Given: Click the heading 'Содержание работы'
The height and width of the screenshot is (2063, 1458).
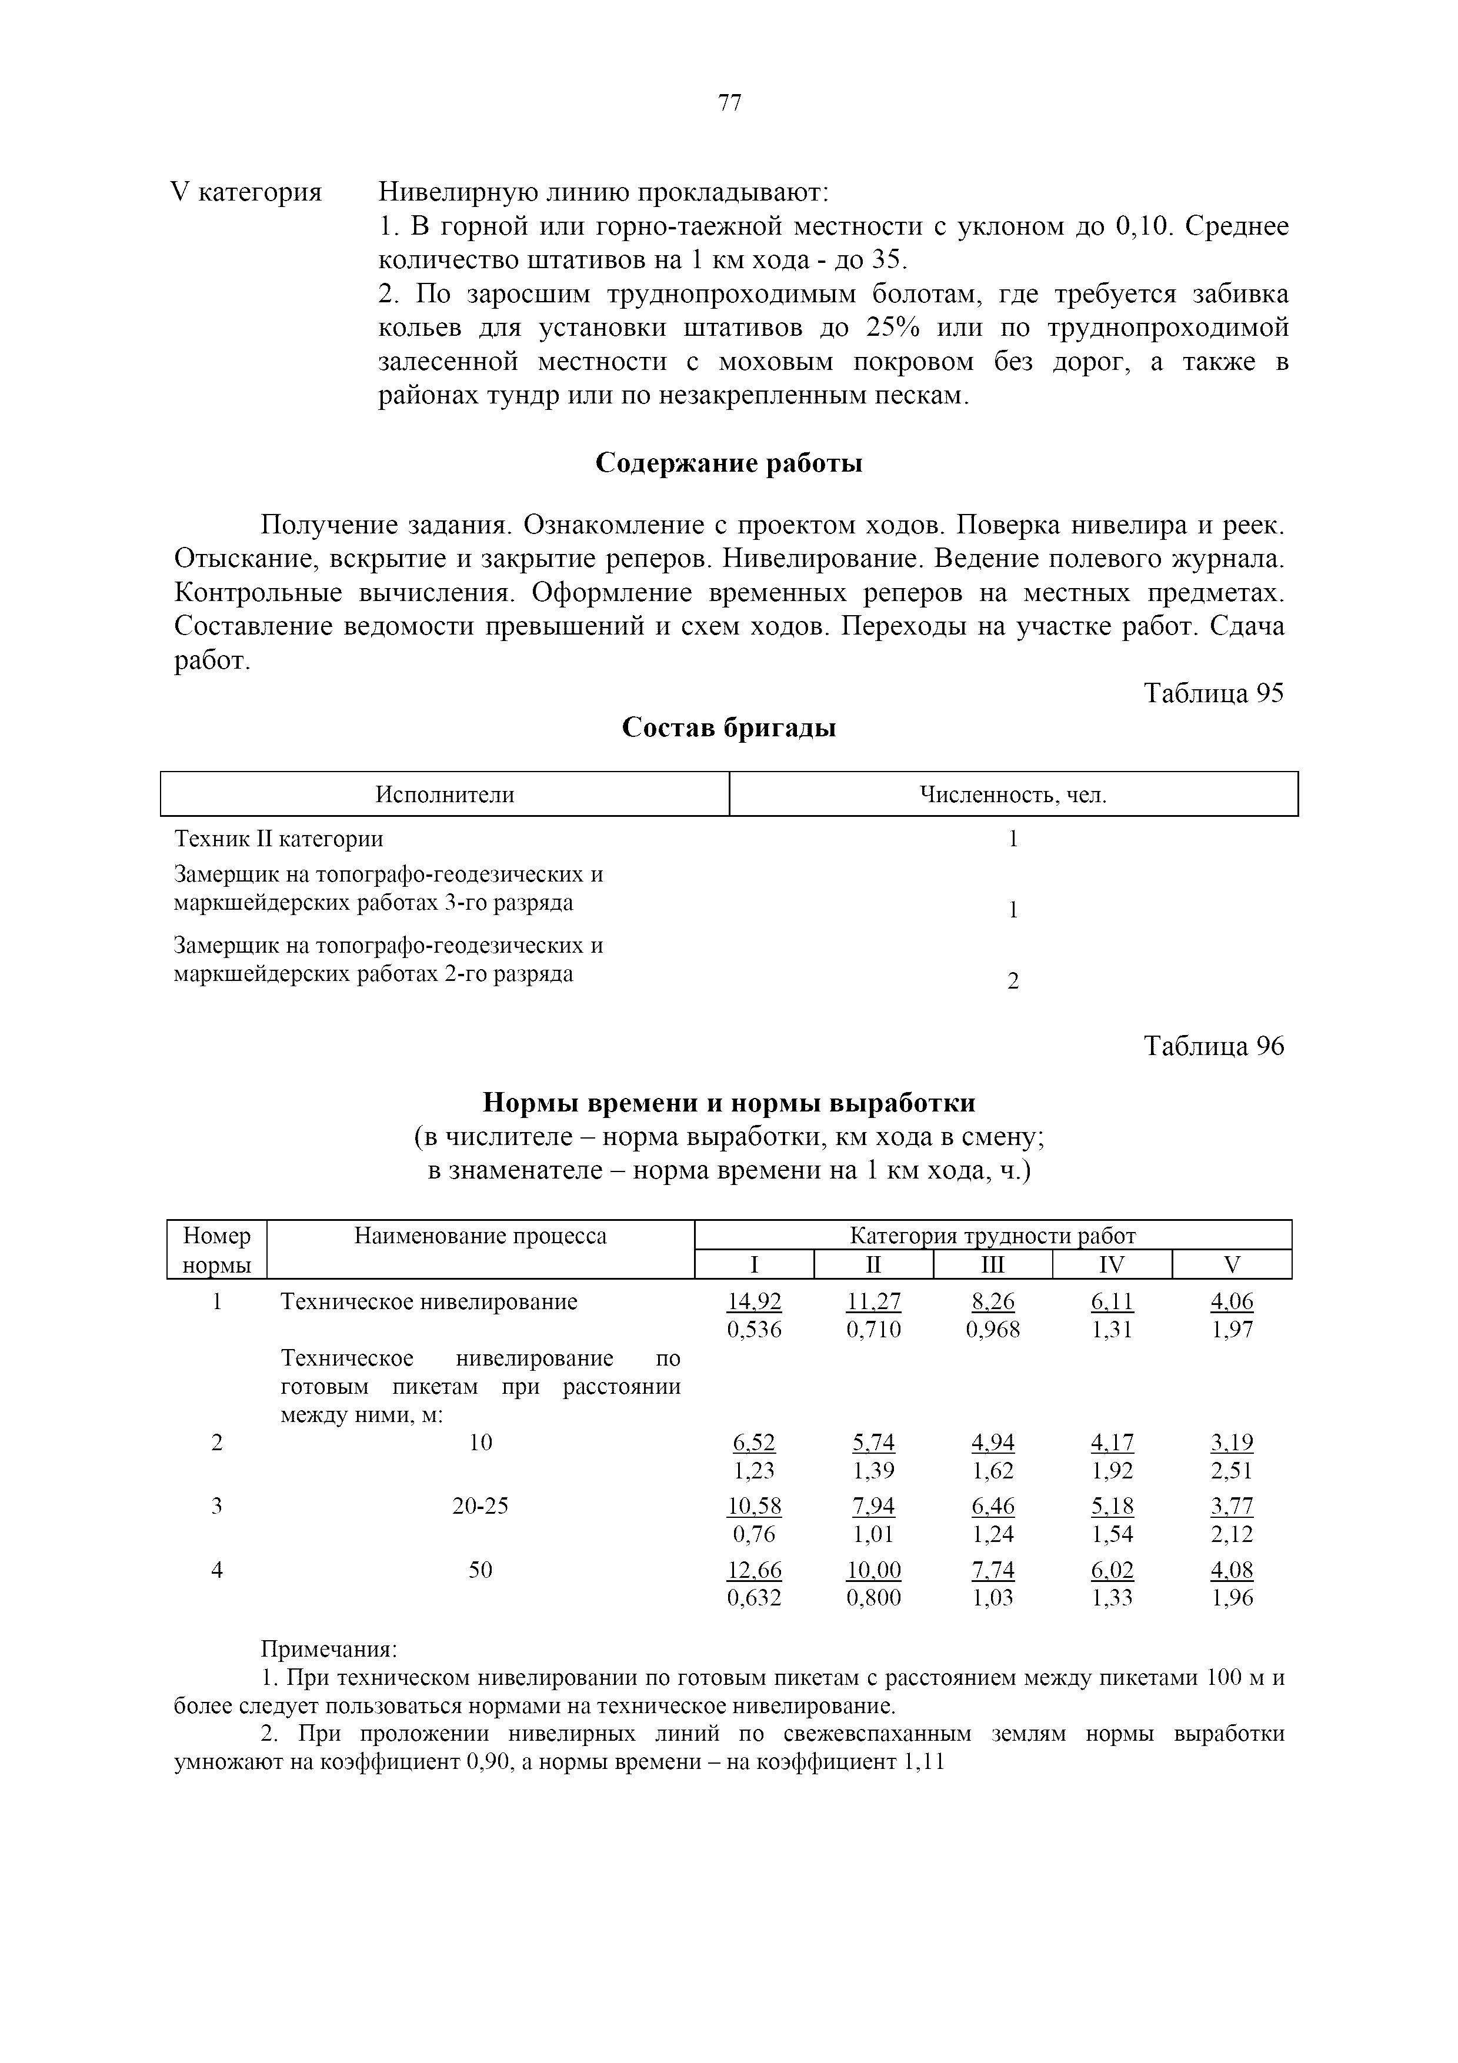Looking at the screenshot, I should [729, 463].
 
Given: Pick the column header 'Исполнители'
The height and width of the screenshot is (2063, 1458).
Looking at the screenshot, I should [445, 795].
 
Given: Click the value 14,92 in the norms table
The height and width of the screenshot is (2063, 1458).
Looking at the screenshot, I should [754, 1302].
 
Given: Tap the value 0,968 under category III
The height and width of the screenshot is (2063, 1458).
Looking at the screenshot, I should [993, 1330].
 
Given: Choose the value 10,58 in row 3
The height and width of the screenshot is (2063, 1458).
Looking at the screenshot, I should [754, 1506].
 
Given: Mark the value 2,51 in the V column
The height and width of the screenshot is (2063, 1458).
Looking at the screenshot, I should [1232, 1471].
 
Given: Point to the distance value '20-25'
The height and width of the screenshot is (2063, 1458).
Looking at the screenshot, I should [481, 1506].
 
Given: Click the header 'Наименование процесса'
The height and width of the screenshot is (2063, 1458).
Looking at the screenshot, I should [481, 1236].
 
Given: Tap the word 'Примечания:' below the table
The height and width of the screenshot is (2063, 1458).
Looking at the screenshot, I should [329, 1650].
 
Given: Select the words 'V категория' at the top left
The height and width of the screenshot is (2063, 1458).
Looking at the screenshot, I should [246, 192].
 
